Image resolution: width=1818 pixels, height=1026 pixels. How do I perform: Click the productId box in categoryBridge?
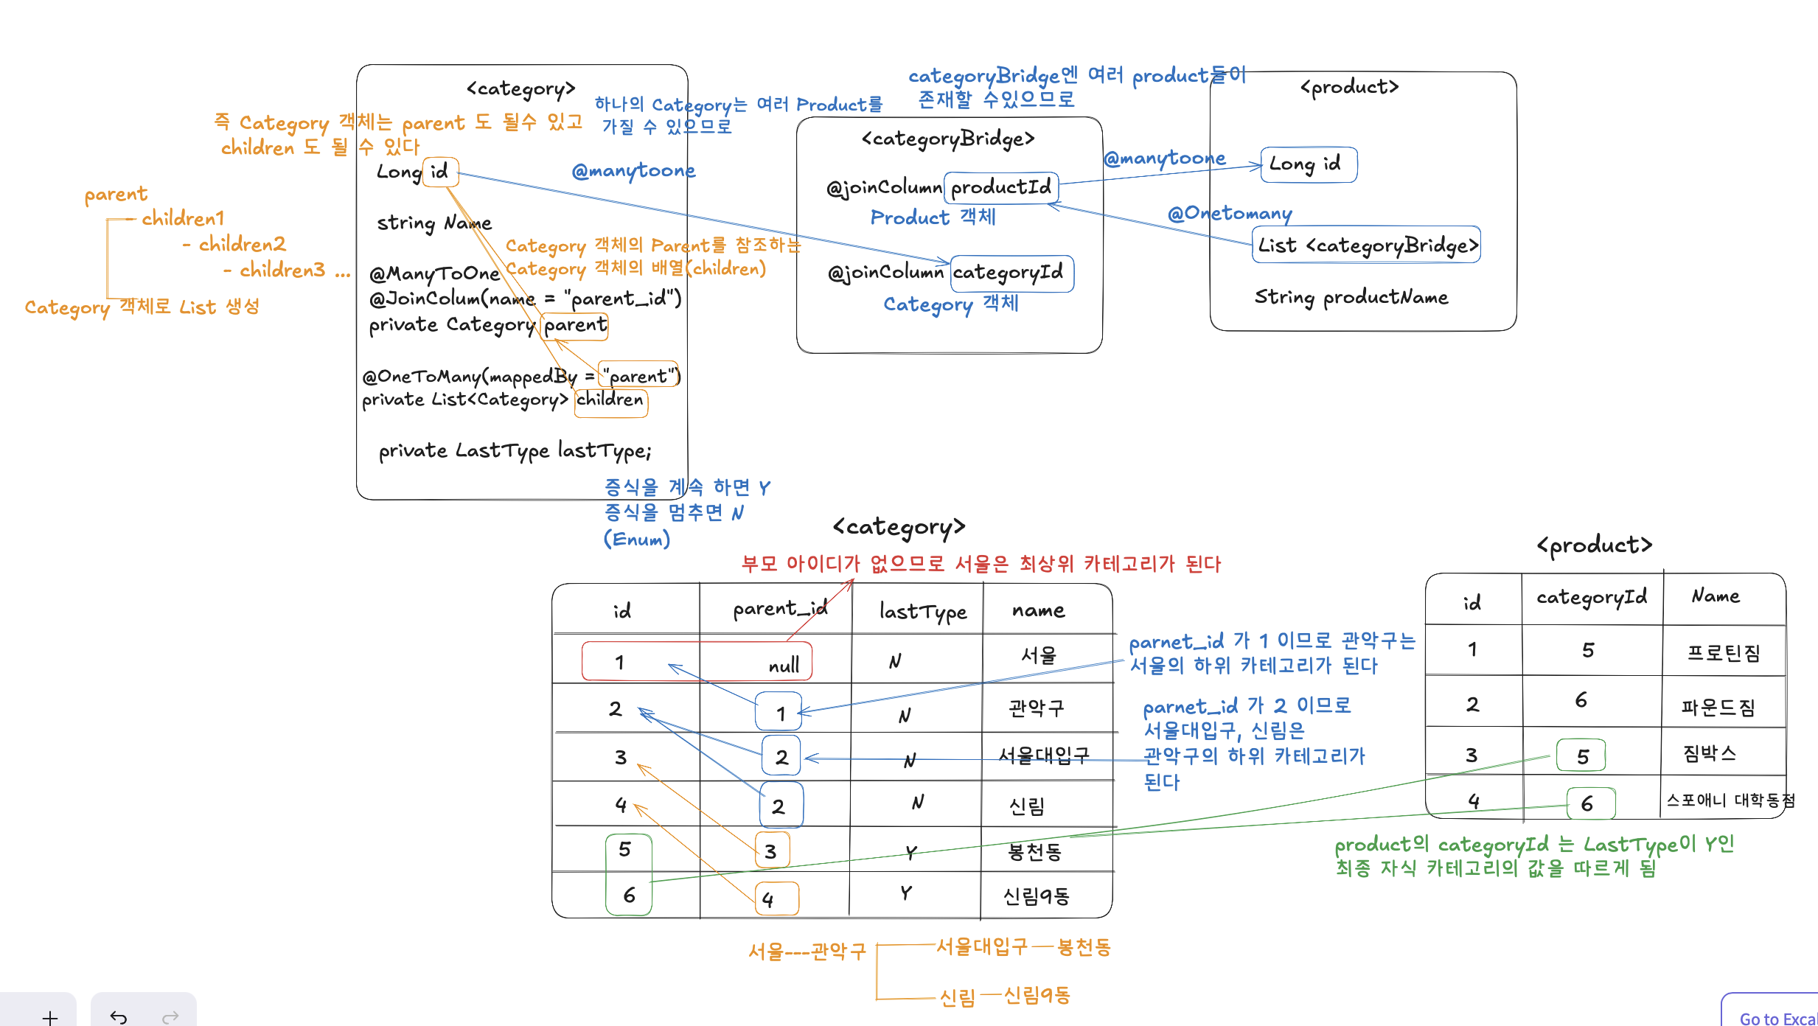(x=1001, y=187)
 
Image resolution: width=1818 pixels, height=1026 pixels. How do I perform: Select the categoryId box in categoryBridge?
(x=1011, y=273)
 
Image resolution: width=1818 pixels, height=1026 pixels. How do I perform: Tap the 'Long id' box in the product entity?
(x=1308, y=164)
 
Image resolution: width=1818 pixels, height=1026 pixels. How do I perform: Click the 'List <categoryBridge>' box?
(x=1366, y=245)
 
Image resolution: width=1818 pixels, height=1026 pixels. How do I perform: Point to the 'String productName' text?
(x=1351, y=297)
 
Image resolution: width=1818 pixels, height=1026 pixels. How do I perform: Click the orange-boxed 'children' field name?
(x=610, y=400)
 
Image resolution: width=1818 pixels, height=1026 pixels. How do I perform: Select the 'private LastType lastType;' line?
(x=515, y=450)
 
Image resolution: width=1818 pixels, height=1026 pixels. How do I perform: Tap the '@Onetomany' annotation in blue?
(x=1230, y=214)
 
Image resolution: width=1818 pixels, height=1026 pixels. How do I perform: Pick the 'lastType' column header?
(x=922, y=611)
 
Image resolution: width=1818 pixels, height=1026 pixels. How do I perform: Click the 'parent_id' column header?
(x=779, y=609)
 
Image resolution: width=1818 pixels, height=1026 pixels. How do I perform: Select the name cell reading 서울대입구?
(x=1043, y=755)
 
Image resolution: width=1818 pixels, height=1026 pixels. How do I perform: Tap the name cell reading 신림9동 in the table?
(x=1036, y=896)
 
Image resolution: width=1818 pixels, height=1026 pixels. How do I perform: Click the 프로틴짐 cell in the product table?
(x=1723, y=653)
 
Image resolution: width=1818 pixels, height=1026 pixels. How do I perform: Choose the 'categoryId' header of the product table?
(x=1591, y=597)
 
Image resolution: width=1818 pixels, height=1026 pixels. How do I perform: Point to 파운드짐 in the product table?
(x=1718, y=708)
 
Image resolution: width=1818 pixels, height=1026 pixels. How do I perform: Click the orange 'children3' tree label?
(x=282, y=271)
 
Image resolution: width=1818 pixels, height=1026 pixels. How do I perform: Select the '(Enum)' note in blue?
(x=636, y=540)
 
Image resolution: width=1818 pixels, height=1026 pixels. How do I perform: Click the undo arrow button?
(x=119, y=1017)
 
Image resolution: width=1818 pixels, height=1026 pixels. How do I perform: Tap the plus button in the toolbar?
(x=50, y=1017)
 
